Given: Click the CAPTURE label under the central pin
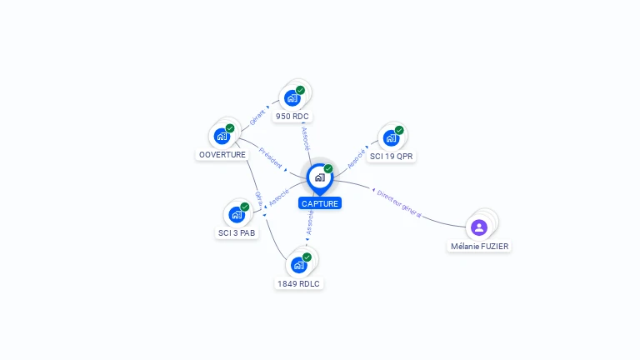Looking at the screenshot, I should click(x=320, y=203).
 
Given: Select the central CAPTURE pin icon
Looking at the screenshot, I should click(x=319, y=177).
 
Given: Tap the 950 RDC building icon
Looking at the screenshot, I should click(x=292, y=98).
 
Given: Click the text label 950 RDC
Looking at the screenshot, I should click(x=293, y=117).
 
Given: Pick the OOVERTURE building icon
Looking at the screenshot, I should click(x=222, y=136).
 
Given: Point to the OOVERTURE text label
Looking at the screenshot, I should click(x=222, y=155).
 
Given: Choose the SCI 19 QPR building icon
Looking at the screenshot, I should click(x=391, y=138).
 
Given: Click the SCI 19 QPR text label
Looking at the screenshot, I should click(x=392, y=157).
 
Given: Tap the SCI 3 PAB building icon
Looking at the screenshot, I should click(x=237, y=214).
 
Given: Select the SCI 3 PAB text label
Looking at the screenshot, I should click(x=237, y=233).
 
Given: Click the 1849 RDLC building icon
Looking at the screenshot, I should click(x=298, y=265).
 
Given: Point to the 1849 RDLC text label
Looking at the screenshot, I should click(x=298, y=284).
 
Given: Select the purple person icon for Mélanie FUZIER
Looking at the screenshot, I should click(x=478, y=227).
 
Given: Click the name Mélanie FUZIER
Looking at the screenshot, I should click(x=479, y=247).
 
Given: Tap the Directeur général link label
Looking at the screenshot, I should click(x=399, y=203).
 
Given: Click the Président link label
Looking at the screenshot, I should click(x=271, y=157).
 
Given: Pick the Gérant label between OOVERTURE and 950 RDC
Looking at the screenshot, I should click(x=257, y=117).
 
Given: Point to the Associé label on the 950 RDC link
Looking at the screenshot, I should click(x=305, y=138).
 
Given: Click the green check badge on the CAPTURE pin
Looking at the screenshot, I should click(x=328, y=168).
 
